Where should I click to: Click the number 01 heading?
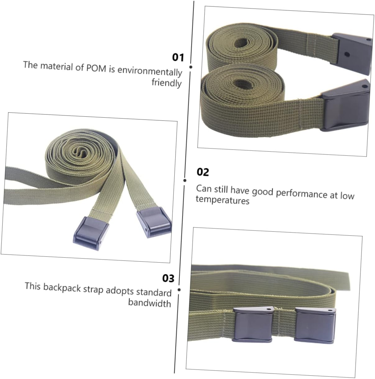[178, 57]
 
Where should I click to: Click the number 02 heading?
[203, 172]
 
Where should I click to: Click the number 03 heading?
[168, 278]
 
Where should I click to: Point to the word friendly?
[167, 83]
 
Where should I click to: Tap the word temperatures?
[222, 200]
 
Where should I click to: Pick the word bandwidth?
[149, 303]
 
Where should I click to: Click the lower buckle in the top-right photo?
[345, 105]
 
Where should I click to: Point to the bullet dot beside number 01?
[190, 67]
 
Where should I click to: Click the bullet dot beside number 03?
[179, 290]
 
